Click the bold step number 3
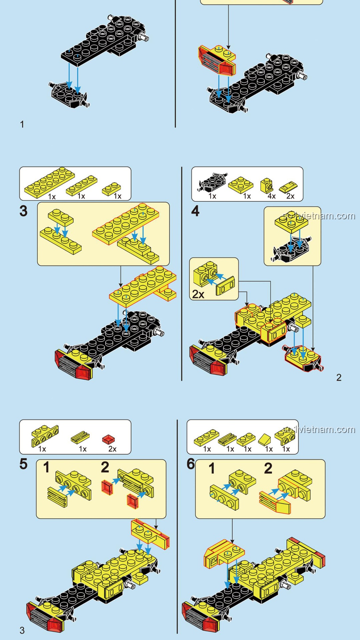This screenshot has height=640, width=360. pyautogui.click(x=23, y=211)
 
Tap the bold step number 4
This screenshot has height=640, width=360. pyautogui.click(x=195, y=211)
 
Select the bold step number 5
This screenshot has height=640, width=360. pyautogui.click(x=23, y=464)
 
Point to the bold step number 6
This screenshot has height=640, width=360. pyautogui.click(x=191, y=464)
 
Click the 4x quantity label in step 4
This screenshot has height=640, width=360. pyautogui.click(x=272, y=196)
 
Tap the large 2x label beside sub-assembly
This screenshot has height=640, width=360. pyautogui.click(x=198, y=294)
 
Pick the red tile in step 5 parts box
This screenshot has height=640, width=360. pyautogui.click(x=109, y=439)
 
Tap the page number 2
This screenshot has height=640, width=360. pyautogui.click(x=339, y=377)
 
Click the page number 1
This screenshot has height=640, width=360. pyautogui.click(x=22, y=124)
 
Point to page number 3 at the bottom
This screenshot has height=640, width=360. pyautogui.click(x=22, y=630)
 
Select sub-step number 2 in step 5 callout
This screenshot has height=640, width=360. pyautogui.click(x=105, y=467)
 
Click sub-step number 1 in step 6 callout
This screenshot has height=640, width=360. pyautogui.click(x=212, y=468)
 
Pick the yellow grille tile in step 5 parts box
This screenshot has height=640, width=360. pyautogui.click(x=80, y=437)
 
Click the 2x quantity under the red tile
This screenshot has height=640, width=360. pyautogui.click(x=112, y=449)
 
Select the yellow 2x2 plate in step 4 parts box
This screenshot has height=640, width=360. pyautogui.click(x=241, y=185)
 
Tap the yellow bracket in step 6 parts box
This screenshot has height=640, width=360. pyautogui.click(x=283, y=437)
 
